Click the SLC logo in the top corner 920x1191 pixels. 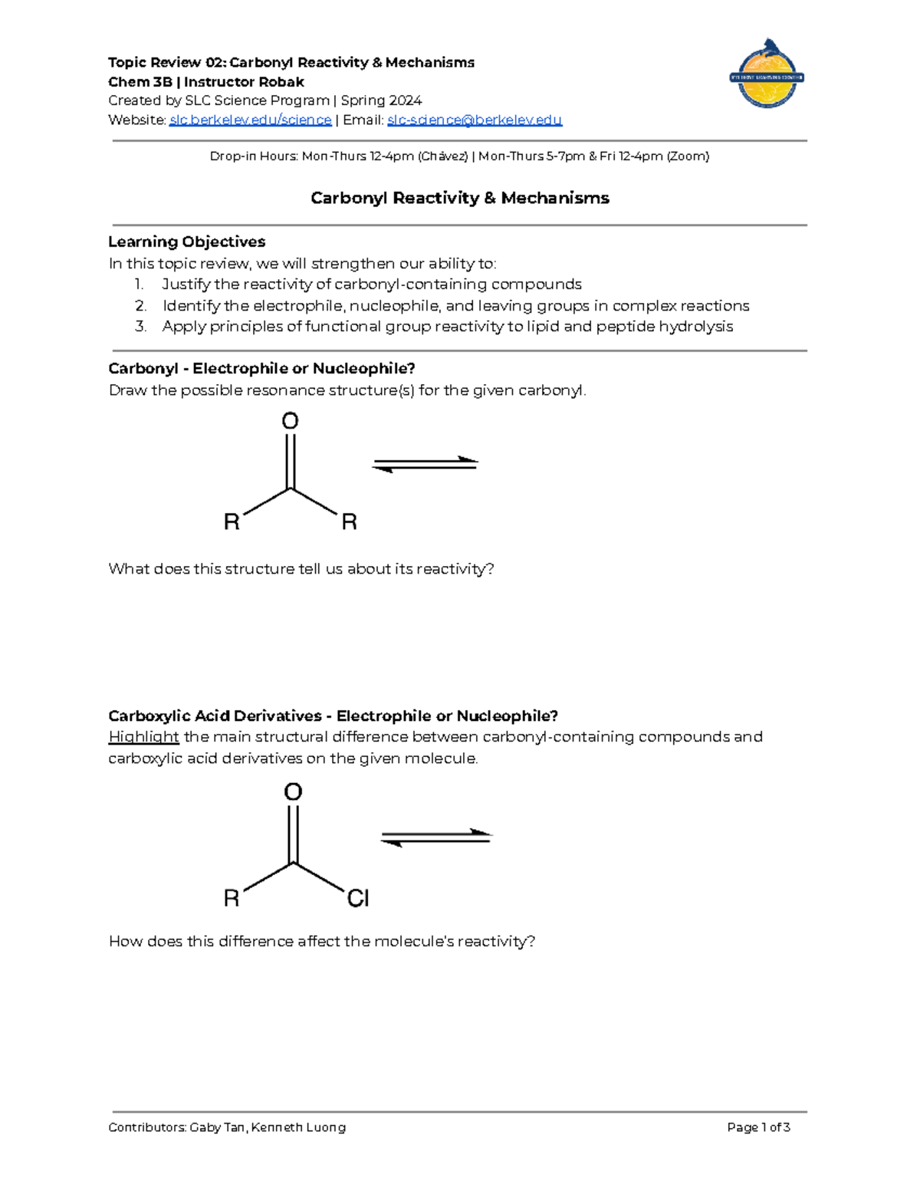766,74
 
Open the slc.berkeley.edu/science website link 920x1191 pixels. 250,120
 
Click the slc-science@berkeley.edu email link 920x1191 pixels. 475,120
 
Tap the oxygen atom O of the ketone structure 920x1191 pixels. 290,421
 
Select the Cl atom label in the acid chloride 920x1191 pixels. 358,898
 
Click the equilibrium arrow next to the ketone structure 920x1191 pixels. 425,464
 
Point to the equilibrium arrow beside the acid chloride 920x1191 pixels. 435,837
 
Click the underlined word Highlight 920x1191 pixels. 143,737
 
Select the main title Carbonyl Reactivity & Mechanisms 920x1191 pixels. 459,198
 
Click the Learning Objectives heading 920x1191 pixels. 186,242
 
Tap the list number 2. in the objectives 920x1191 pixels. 140,306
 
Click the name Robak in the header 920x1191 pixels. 282,82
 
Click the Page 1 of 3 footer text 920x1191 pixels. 758,1127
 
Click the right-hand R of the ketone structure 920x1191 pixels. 349,522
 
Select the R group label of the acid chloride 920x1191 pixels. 232,898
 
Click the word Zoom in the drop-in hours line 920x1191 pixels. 688,156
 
